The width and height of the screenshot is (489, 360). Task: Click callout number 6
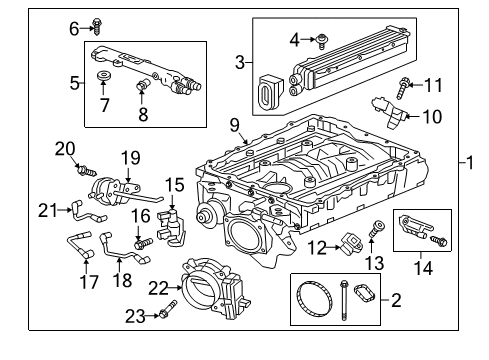pyautogui.click(x=73, y=29)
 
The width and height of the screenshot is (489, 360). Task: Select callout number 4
pyautogui.click(x=294, y=40)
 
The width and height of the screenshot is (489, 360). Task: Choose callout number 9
pyautogui.click(x=234, y=126)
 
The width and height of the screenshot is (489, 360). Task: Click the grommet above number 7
pyautogui.click(x=104, y=77)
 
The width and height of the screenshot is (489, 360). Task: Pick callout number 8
pyautogui.click(x=143, y=115)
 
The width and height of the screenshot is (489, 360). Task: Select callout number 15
pyautogui.click(x=176, y=185)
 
